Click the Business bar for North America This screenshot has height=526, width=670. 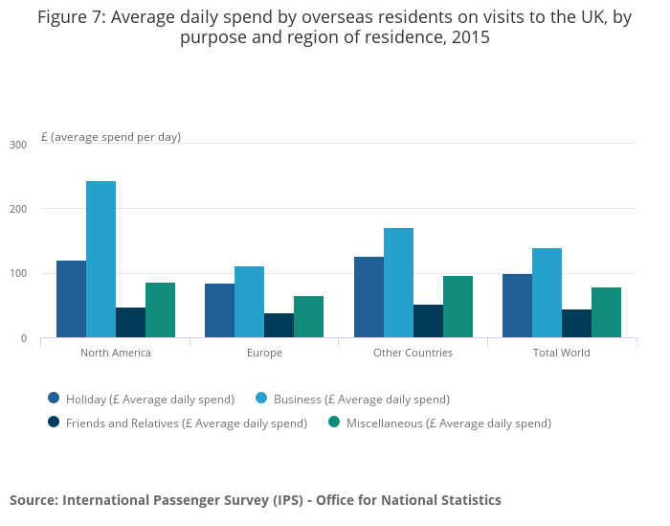coord(100,259)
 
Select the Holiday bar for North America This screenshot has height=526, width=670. coord(71,299)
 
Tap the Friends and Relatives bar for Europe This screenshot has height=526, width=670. coord(279,325)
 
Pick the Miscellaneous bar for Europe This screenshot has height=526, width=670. coord(308,316)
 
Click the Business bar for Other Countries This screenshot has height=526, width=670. coord(398,283)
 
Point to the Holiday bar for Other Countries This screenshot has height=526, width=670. coord(368,297)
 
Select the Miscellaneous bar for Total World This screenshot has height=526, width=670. coord(606,312)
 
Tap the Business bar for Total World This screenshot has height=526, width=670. coord(547,292)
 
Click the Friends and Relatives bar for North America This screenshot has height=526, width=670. coord(130,322)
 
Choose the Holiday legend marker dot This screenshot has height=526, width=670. coord(54,398)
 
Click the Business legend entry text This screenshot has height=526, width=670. coord(361,399)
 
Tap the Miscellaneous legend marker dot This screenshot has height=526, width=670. coord(334,422)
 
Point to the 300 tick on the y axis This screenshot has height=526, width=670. coord(18,145)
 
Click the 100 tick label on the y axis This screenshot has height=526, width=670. coord(18,274)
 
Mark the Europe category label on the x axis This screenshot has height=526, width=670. coord(264,353)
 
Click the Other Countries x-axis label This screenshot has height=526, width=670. coord(413,353)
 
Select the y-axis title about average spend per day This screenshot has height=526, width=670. coord(111,137)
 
